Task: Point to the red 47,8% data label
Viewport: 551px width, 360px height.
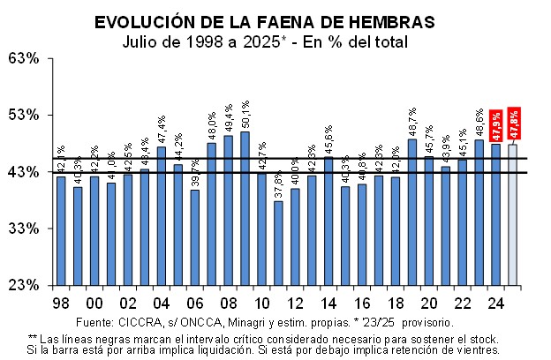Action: click(515, 123)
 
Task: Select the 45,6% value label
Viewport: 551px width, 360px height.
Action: click(328, 140)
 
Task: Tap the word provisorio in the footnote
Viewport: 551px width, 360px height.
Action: click(428, 322)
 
